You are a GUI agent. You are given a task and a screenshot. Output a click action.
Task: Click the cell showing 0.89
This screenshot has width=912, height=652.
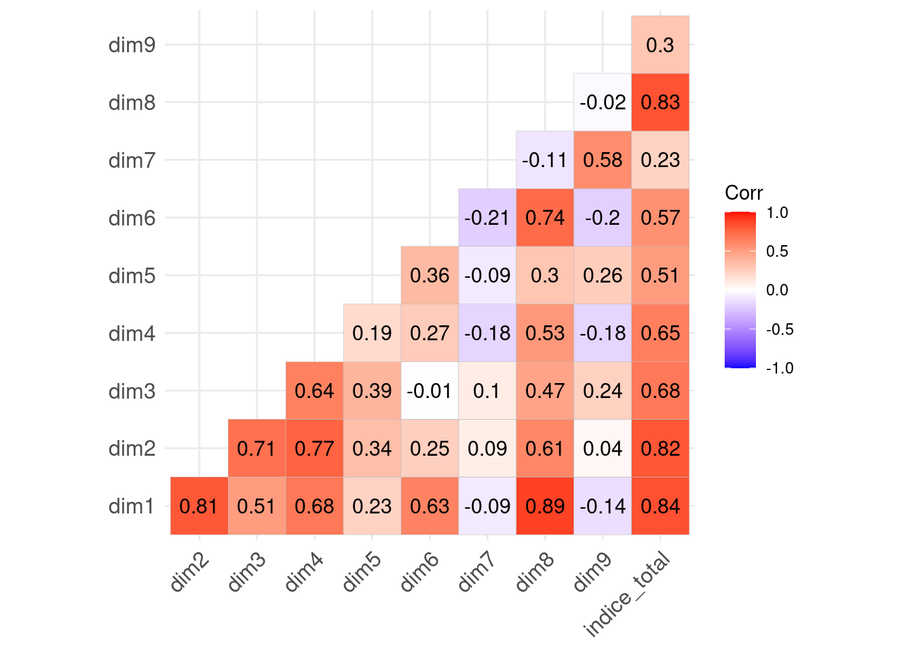pos(545,506)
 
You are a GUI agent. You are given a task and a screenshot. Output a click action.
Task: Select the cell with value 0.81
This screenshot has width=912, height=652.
pos(199,506)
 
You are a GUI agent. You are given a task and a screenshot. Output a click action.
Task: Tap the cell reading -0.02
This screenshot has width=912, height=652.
pos(603,102)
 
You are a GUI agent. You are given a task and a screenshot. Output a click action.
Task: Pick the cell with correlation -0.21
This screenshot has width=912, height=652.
pos(487,217)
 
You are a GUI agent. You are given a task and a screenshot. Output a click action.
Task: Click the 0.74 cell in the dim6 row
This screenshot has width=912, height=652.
pos(545,217)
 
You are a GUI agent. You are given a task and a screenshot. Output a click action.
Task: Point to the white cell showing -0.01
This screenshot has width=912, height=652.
pos(430,391)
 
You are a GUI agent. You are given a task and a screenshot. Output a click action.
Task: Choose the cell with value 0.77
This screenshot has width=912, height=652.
pos(314,448)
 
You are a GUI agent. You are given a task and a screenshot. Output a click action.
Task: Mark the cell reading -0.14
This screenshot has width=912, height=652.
pos(603,506)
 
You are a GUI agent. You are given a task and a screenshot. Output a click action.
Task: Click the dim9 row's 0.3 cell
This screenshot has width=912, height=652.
pos(660,45)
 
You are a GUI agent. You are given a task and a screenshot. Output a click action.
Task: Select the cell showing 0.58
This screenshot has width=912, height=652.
pos(603,160)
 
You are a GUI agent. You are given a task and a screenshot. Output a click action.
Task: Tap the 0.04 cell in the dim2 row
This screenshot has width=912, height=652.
pos(603,448)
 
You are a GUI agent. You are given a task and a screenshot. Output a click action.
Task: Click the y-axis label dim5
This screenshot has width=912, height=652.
pos(132,276)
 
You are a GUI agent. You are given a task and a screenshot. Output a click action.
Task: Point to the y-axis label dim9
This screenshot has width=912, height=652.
pos(132,45)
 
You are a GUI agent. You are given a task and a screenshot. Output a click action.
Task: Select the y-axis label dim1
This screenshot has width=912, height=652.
pos(132,507)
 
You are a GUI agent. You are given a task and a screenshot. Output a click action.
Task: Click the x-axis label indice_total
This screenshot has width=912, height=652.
pos(628,595)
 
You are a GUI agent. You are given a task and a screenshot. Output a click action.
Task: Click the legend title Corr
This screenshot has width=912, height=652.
pos(744,193)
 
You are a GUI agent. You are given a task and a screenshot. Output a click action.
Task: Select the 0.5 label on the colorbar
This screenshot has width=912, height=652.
pos(777,251)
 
